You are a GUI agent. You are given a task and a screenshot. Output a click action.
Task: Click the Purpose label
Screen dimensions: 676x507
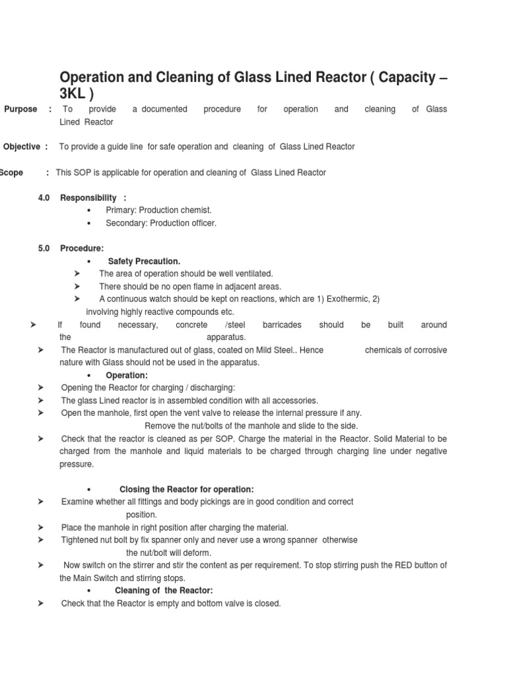20,109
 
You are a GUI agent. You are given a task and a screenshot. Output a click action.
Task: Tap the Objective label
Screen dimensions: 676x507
22,147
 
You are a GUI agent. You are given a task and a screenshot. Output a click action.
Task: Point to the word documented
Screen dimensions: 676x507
164,109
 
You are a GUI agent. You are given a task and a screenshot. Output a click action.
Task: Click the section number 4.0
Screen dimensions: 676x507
44,197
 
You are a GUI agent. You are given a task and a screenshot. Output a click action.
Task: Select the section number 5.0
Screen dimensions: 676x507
44,248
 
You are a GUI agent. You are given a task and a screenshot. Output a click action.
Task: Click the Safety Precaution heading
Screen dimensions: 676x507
144,261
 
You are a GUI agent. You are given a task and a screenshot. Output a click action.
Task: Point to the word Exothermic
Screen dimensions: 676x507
347,299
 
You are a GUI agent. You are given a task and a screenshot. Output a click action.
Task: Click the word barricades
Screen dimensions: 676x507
282,325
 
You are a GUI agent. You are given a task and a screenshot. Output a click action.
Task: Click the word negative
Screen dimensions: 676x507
430,452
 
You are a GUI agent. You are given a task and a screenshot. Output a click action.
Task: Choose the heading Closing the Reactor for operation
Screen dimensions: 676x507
186,489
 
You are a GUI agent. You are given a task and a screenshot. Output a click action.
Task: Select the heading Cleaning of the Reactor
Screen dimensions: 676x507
164,590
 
